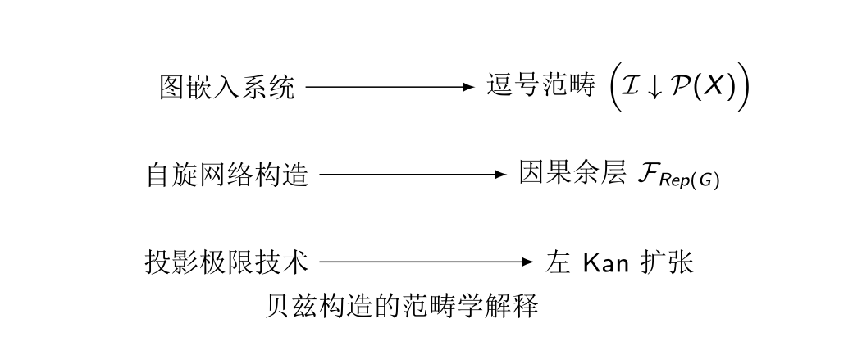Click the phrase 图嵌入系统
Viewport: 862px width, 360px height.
226,87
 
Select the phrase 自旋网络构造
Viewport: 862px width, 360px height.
227,175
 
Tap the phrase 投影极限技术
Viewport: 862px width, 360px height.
227,262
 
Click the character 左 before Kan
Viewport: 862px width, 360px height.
557,263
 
